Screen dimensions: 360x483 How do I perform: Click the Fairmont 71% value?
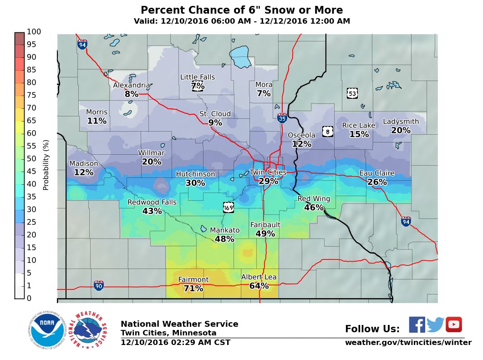pyautogui.click(x=193, y=289)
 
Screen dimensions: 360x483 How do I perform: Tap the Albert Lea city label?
pyautogui.click(x=259, y=277)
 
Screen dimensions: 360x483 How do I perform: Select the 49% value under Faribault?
pyautogui.click(x=265, y=234)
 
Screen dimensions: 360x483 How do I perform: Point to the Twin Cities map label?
pyautogui.click(x=268, y=172)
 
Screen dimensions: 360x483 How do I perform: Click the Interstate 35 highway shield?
pyautogui.click(x=282, y=118)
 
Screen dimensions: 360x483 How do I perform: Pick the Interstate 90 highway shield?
pyautogui.click(x=98, y=285)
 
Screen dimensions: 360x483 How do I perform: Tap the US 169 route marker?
pyautogui.click(x=229, y=208)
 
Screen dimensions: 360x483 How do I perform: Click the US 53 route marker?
pyautogui.click(x=352, y=93)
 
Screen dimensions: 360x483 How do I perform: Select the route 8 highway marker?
pyautogui.click(x=327, y=132)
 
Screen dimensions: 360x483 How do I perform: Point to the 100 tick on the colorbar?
pyautogui.click(x=34, y=32)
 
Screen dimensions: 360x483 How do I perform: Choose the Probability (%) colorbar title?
pyautogui.click(x=46, y=165)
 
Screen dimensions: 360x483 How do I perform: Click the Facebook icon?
pyautogui.click(x=417, y=325)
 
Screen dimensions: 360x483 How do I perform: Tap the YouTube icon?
pyautogui.click(x=453, y=325)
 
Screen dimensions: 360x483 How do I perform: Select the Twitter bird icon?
pyautogui.click(x=435, y=325)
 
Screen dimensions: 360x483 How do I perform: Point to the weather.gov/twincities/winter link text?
pyautogui.click(x=408, y=342)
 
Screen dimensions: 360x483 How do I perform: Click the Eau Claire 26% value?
pyautogui.click(x=377, y=182)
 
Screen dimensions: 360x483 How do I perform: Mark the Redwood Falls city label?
pyautogui.click(x=152, y=203)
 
